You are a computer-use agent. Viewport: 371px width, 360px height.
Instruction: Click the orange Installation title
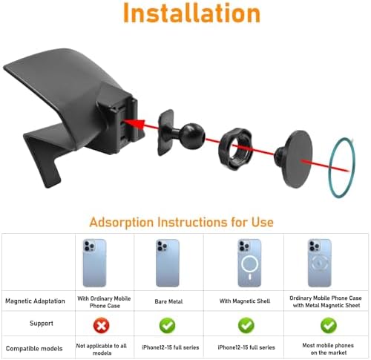tap(191, 13)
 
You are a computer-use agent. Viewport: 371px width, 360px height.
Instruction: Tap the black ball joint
tap(192, 136)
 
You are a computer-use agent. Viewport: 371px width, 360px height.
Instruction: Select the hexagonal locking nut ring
tap(235, 148)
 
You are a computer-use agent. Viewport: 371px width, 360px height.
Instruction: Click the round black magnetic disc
tap(297, 159)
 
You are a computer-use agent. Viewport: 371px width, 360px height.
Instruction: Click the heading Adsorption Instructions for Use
tap(181, 222)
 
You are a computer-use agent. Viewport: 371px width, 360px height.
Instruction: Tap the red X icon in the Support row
tap(102, 325)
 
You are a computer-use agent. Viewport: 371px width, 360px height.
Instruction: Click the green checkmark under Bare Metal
tap(168, 325)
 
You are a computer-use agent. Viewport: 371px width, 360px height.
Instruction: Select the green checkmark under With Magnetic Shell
tap(246, 325)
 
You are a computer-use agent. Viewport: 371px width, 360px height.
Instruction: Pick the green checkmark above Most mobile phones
tap(329, 325)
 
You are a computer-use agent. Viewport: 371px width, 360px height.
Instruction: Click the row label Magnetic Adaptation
tap(35, 301)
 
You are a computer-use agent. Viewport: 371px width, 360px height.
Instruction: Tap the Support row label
tap(42, 324)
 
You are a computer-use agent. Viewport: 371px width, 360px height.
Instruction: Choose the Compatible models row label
tap(34, 348)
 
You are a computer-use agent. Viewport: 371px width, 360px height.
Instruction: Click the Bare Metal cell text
tap(168, 301)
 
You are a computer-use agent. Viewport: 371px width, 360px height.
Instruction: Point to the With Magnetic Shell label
tap(245, 301)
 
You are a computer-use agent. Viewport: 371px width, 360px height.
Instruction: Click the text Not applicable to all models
tap(102, 350)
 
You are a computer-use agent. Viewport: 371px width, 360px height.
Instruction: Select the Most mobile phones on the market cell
tap(328, 349)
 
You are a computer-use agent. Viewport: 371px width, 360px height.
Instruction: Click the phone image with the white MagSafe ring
tap(249, 263)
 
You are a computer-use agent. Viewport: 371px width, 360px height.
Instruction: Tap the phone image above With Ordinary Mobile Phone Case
tap(95, 263)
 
